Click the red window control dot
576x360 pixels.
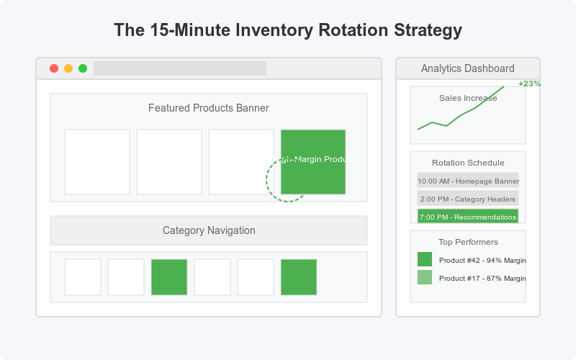pyautogui.click(x=54, y=68)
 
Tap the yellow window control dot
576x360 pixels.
pyautogui.click(x=68, y=68)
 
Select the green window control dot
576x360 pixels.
pyautogui.click(x=83, y=68)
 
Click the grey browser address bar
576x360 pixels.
pyautogui.click(x=180, y=68)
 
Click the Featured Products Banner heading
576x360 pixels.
pyautogui.click(x=209, y=108)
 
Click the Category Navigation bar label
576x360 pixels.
pyautogui.click(x=209, y=230)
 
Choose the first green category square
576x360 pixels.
pyautogui.click(x=169, y=277)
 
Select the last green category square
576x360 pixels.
pyautogui.click(x=299, y=277)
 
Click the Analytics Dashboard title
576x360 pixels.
pyautogui.click(x=468, y=68)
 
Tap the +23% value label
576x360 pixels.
pyautogui.click(x=529, y=84)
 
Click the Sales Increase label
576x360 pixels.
pyautogui.click(x=468, y=98)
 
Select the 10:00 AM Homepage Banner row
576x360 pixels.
pyautogui.click(x=468, y=181)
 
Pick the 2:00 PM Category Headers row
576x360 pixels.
pyautogui.click(x=468, y=199)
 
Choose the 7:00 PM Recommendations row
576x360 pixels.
pyautogui.click(x=468, y=216)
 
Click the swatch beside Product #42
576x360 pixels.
pyautogui.click(x=425, y=259)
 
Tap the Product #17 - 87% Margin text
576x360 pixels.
pyautogui.click(x=482, y=278)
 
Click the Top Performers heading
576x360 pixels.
pyautogui.click(x=468, y=242)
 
